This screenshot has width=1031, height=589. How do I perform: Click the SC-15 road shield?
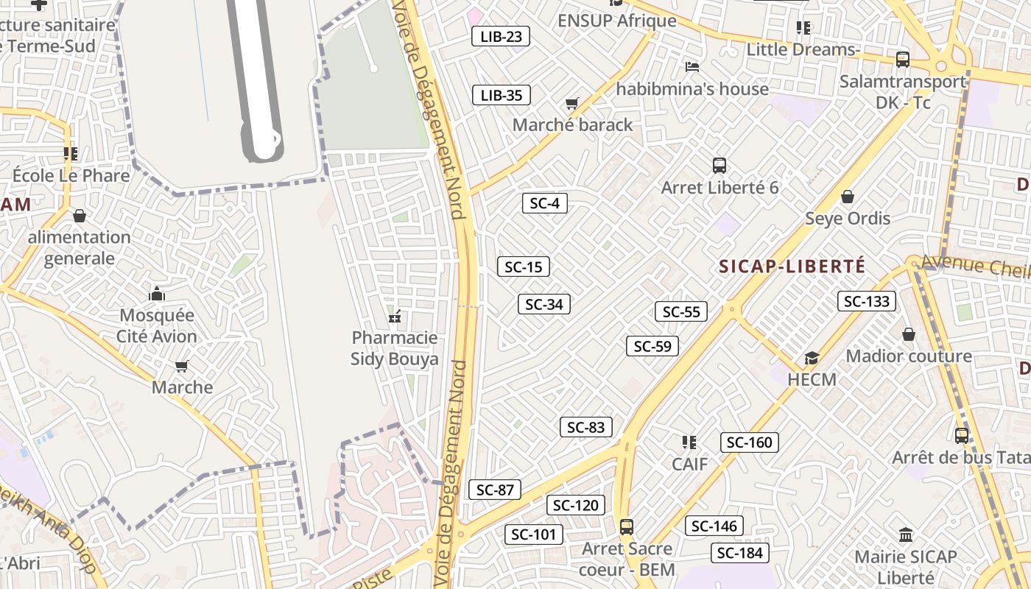click(x=524, y=267)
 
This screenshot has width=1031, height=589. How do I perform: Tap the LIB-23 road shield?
click(x=501, y=36)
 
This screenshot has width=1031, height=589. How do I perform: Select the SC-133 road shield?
click(x=867, y=301)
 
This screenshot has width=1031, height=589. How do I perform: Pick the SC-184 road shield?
click(x=740, y=553)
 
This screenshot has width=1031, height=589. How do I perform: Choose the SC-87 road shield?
click(x=495, y=490)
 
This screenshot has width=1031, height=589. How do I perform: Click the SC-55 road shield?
click(x=681, y=311)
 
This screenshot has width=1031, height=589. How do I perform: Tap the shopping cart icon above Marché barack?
click(x=572, y=104)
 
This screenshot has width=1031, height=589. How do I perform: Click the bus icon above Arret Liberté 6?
click(x=719, y=166)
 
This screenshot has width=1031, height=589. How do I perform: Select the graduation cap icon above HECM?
click(x=812, y=359)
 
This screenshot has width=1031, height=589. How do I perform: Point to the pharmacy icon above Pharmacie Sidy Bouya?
click(x=395, y=317)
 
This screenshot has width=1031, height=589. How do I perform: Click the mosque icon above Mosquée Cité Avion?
click(x=157, y=294)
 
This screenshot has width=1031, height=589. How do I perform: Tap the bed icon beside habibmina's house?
click(x=692, y=67)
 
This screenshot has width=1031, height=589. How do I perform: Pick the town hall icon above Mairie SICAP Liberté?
click(x=906, y=535)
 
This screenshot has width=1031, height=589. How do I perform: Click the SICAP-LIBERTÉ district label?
click(x=792, y=267)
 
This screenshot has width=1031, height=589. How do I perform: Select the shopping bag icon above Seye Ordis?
click(x=848, y=197)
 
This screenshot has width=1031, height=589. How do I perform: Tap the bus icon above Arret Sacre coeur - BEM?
click(x=627, y=527)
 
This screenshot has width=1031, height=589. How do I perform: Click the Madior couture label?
click(x=909, y=356)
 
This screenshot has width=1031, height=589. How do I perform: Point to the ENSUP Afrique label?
click(x=617, y=21)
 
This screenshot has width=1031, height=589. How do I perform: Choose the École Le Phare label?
click(x=71, y=176)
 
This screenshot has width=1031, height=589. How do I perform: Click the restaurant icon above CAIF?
click(x=689, y=442)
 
